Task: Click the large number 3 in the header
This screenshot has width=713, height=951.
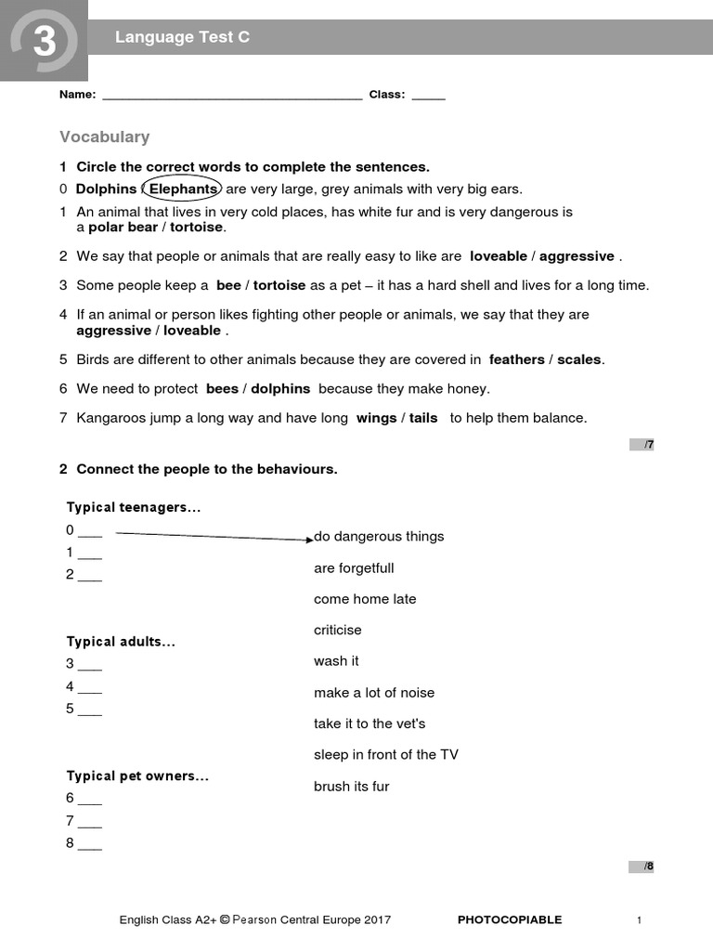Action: (43, 41)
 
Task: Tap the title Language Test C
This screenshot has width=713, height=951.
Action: (182, 37)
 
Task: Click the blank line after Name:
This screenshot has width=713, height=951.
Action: (231, 96)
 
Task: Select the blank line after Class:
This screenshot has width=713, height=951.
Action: (428, 96)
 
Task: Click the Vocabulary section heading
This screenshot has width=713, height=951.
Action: (104, 137)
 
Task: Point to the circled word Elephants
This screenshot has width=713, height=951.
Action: (183, 189)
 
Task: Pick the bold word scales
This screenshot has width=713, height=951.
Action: (579, 359)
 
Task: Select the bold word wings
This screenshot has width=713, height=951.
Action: (376, 418)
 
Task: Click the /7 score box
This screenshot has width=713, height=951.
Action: (642, 445)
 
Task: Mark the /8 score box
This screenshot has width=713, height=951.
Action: (642, 866)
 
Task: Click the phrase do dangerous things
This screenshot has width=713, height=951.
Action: (379, 537)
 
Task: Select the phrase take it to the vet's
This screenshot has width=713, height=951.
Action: (369, 723)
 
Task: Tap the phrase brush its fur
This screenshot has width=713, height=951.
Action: (351, 787)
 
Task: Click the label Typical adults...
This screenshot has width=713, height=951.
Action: (121, 642)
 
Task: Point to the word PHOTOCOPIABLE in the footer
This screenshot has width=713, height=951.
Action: (510, 920)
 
